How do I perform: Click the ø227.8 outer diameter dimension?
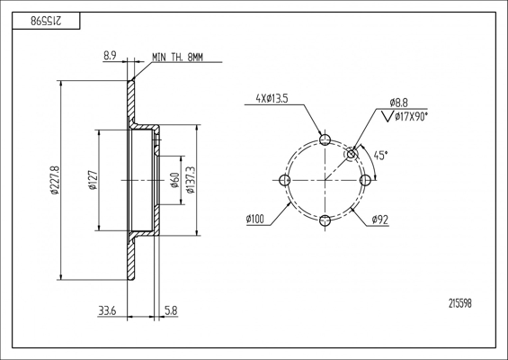55,180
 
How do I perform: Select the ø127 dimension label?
94,180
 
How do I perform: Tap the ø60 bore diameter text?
175,180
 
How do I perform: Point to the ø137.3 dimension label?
191,180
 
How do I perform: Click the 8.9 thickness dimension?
110,56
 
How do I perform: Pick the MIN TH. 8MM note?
177,58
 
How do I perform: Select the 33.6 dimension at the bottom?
107,311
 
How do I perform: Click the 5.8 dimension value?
171,311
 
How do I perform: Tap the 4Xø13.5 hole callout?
272,99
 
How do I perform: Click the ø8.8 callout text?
399,103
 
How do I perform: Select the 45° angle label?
380,156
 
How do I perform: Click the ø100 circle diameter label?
255,220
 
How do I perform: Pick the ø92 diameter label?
380,220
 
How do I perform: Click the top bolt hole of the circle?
325,139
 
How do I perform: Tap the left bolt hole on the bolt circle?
284,180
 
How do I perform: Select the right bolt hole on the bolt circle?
365,180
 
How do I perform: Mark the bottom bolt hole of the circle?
325,220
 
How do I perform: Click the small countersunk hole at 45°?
352,154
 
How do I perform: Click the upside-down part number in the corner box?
46,21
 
